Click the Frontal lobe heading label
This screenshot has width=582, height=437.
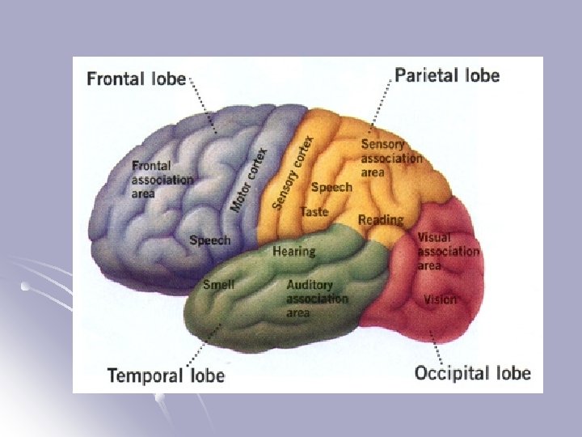[137, 79]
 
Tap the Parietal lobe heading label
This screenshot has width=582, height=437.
[447, 76]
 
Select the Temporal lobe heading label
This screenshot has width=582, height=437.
[166, 375]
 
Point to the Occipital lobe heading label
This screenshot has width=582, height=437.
[473, 373]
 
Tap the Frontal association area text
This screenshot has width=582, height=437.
[162, 179]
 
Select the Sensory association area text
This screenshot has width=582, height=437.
[391, 158]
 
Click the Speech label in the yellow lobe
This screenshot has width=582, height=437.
[331, 188]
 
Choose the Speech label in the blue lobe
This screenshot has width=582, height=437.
[209, 240]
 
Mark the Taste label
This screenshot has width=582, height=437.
[314, 212]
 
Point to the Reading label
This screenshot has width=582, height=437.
[381, 220]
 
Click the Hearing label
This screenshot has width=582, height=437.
[293, 251]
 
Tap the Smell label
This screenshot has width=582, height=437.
[218, 285]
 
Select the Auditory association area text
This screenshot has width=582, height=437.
[317, 298]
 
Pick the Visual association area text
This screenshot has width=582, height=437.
[448, 252]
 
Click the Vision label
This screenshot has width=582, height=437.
[440, 300]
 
